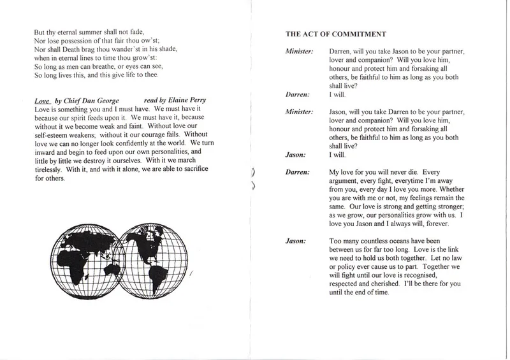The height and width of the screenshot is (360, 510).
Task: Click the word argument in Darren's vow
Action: click(x=347, y=181)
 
